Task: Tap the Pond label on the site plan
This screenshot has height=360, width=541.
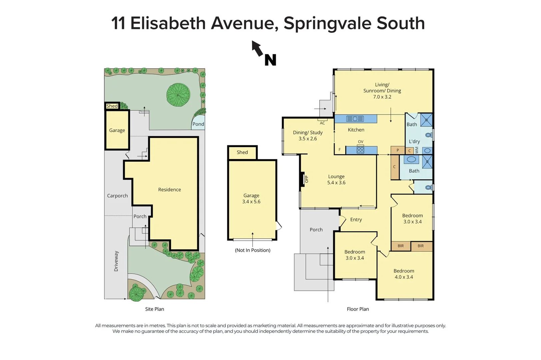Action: click(198, 124)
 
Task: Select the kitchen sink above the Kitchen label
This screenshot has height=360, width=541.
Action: click(355, 119)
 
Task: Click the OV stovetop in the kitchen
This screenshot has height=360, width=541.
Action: click(360, 150)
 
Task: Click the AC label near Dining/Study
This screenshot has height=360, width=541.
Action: click(322, 123)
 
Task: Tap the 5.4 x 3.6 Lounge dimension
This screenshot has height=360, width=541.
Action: click(336, 183)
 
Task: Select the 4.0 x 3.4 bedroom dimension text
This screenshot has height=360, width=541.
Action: click(404, 277)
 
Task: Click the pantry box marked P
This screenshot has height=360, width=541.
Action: click(397, 150)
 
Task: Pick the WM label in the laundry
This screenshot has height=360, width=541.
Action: click(417, 150)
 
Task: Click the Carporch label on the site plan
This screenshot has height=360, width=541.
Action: click(117, 196)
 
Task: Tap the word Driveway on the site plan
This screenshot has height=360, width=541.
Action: click(116, 261)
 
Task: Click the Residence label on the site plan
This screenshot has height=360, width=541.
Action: click(169, 190)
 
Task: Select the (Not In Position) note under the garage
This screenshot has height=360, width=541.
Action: click(252, 250)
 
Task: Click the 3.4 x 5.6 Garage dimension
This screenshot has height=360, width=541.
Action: click(251, 202)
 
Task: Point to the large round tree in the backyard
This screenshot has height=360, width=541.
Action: click(178, 95)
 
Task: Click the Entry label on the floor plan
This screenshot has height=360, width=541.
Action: click(356, 220)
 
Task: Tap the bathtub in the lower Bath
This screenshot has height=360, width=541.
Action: click(411, 160)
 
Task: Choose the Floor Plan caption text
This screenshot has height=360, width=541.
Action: click(358, 309)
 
